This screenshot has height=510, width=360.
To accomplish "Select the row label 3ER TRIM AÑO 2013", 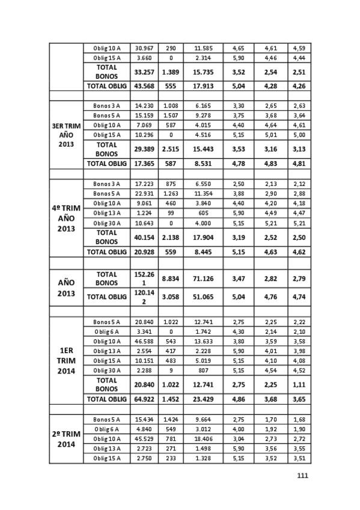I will pyautogui.click(x=66, y=135).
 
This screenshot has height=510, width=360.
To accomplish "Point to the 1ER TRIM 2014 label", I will pyautogui.click(x=66, y=360).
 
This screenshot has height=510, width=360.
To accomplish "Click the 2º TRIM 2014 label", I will pyautogui.click(x=66, y=439).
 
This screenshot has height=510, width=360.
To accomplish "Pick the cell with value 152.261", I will pyautogui.click(x=144, y=278).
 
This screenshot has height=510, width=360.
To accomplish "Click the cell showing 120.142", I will pyautogui.click(x=144, y=296).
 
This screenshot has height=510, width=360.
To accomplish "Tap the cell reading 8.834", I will pyautogui.click(x=171, y=278).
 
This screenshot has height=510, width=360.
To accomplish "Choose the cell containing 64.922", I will pyautogui.click(x=144, y=399).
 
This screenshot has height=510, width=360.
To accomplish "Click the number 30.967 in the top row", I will pyautogui.click(x=144, y=48).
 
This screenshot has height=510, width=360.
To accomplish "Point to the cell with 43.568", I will pyautogui.click(x=144, y=86).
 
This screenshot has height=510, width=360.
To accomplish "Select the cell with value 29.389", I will pyautogui.click(x=144, y=149).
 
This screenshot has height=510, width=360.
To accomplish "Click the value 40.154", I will pyautogui.click(x=144, y=236).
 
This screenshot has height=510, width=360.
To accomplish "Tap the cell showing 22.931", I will pyautogui.click(x=144, y=193).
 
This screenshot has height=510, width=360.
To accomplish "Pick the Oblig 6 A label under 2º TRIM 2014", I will pyautogui.click(x=106, y=429).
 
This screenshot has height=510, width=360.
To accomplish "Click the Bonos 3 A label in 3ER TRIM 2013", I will pyautogui.click(x=106, y=106).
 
